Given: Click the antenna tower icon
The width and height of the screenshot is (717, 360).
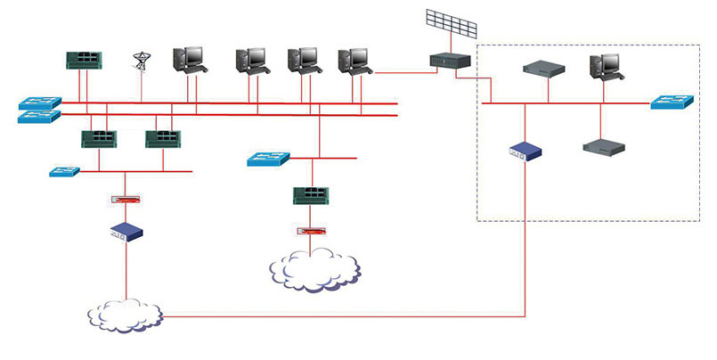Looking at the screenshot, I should pos(140,61).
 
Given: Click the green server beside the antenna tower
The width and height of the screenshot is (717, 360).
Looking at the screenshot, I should pos(85,60).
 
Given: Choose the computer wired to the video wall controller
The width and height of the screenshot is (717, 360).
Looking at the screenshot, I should pos(354,61).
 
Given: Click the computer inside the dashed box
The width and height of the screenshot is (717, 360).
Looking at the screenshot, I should pos(606,68).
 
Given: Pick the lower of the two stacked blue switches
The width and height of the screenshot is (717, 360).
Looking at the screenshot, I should pos(39,116).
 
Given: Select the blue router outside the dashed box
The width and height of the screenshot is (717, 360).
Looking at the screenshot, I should pos(126,232).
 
